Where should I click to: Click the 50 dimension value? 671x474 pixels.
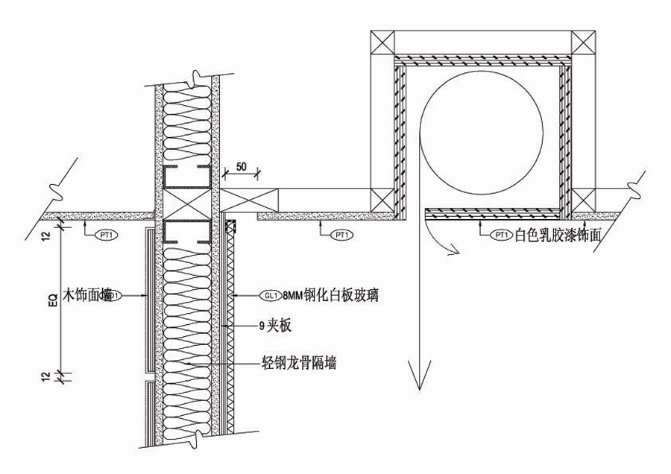coord(241,166)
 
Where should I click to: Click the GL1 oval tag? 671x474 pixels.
coord(271,295)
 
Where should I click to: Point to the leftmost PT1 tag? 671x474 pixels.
coord(107,235)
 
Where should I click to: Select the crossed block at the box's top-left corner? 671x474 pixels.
coord(382,42)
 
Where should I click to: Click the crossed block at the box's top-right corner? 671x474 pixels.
coord(583,42)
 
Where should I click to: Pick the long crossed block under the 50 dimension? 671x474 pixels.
coord(250,199)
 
